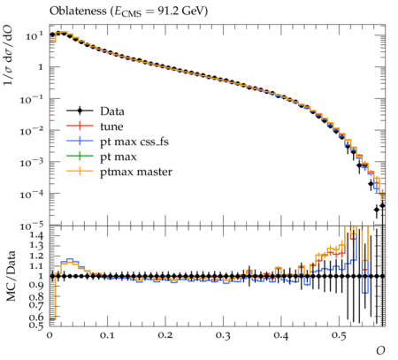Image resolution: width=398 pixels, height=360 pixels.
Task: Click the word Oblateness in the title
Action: (x=78, y=11)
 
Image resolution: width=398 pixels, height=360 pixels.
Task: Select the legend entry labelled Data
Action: (x=96, y=111)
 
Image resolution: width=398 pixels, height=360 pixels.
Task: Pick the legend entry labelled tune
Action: (x=95, y=126)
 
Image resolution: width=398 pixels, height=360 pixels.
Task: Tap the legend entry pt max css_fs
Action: (x=118, y=142)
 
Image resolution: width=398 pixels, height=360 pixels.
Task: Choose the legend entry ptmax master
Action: (x=119, y=172)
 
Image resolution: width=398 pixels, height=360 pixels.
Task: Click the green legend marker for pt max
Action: (x=80, y=157)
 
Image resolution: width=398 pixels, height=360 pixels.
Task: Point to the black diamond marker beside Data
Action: (x=80, y=111)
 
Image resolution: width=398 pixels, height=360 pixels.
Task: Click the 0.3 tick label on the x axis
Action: (x=223, y=335)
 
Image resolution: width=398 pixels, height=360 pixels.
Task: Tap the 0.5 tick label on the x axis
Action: (x=339, y=335)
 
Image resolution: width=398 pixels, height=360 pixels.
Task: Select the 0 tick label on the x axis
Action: (x=50, y=335)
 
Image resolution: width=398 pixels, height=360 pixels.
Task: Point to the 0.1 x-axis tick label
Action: (x=107, y=335)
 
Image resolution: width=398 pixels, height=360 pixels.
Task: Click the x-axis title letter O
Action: (x=380, y=350)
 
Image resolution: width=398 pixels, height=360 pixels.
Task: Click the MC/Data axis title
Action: (x=11, y=276)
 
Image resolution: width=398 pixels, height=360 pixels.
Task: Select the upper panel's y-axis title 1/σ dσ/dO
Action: (x=8, y=55)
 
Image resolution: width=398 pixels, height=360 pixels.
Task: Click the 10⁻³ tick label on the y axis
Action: (x=32, y=162)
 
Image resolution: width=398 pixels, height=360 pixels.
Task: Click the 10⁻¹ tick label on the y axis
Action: (x=32, y=99)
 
